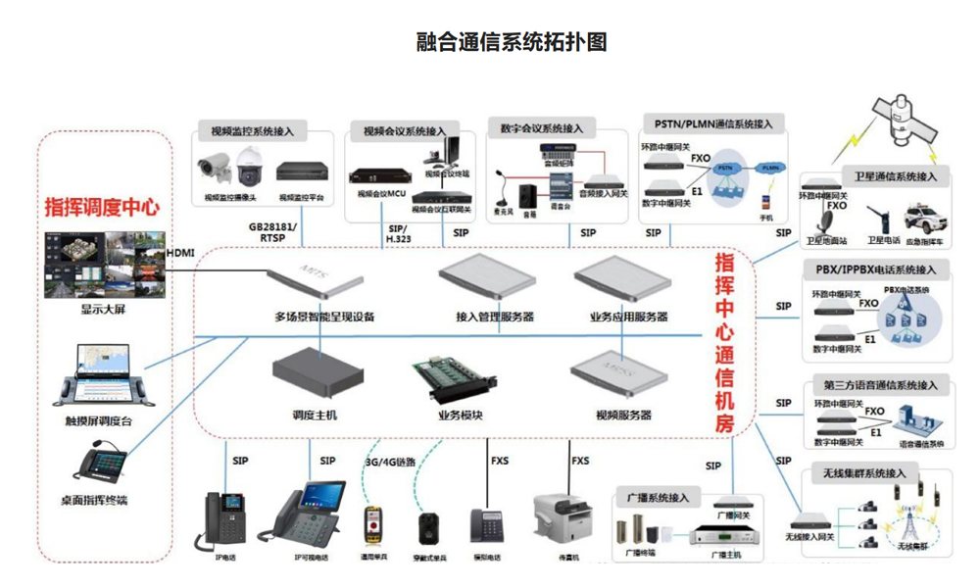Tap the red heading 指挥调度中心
[102, 208]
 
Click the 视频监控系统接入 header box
[252, 130]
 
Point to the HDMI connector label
[180, 253]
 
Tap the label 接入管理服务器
[495, 318]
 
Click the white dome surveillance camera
[249, 167]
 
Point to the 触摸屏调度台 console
[103, 374]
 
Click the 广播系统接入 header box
[657, 498]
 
